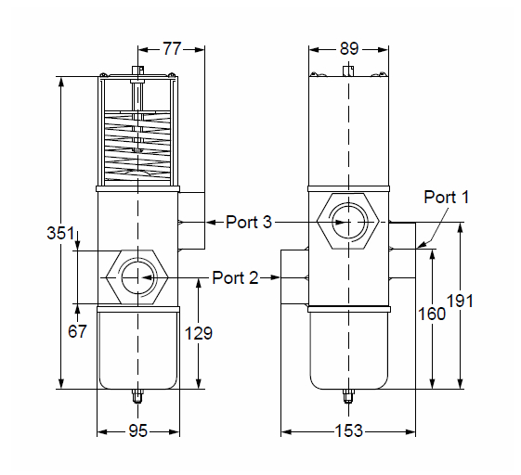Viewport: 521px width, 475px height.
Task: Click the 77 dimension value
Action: click(x=172, y=49)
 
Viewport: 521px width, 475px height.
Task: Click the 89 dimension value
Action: click(x=349, y=49)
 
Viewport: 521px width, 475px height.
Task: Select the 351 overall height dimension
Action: click(x=60, y=233)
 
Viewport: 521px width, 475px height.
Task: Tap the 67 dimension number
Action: click(x=77, y=331)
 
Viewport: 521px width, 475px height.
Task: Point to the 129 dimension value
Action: click(x=199, y=333)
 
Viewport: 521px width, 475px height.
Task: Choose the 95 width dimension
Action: click(x=137, y=430)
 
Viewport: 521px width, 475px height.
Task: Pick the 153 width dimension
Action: click(x=349, y=430)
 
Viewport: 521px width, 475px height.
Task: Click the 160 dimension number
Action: click(x=431, y=314)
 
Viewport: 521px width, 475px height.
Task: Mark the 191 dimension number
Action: click(x=460, y=302)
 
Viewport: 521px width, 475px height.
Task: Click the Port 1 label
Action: click(x=446, y=198)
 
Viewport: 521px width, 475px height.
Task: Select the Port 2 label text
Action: click(x=235, y=277)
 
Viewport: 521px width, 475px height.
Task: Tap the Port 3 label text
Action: click(x=249, y=222)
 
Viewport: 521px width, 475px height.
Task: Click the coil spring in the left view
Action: click(x=137, y=147)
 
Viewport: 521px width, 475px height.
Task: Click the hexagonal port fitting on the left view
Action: click(x=137, y=277)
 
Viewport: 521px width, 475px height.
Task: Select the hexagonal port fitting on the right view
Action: click(x=348, y=221)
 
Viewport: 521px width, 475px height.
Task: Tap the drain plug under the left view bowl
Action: click(x=137, y=396)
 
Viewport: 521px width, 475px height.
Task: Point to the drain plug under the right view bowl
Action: click(x=348, y=396)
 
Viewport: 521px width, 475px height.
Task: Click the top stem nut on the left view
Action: click(x=137, y=70)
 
